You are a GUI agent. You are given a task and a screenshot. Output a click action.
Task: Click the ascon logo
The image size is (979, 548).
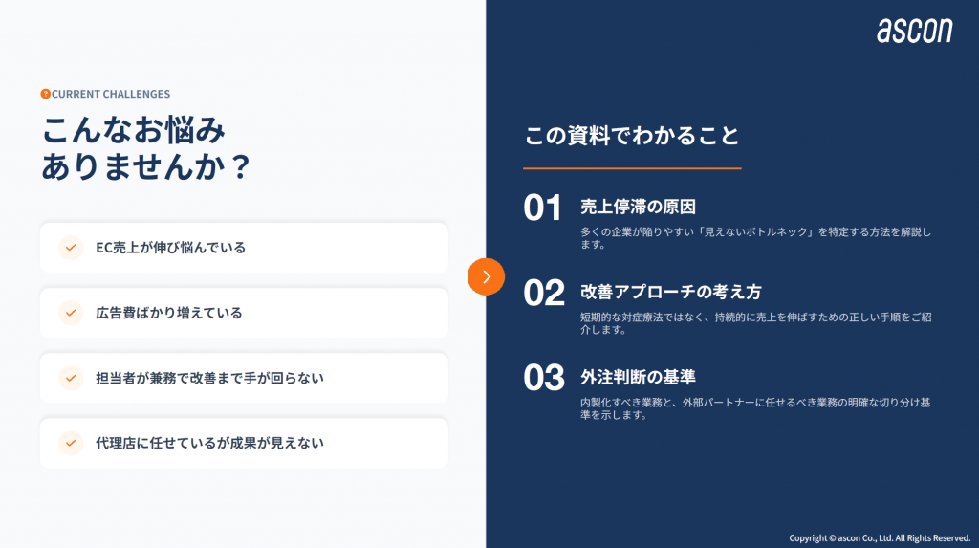point(915,31)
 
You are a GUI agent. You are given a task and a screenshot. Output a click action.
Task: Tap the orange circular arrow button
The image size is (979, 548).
point(486,276)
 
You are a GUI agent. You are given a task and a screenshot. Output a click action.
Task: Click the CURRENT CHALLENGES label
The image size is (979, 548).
point(111,94)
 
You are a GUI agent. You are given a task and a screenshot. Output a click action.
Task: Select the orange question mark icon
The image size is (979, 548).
point(45,94)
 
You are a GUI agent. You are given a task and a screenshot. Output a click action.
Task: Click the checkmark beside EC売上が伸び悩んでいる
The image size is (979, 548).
point(71,248)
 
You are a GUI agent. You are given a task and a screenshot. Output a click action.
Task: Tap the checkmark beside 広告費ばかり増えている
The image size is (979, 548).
point(71,313)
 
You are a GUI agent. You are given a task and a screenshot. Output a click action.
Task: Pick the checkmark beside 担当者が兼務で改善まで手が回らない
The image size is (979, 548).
point(71,378)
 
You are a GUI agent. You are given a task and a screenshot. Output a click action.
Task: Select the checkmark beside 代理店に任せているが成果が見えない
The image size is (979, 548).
point(71,443)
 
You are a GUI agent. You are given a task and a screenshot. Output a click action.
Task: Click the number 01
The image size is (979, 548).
point(543,208)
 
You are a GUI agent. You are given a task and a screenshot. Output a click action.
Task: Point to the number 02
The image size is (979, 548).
point(544,293)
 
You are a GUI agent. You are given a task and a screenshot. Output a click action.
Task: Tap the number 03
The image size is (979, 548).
point(544,378)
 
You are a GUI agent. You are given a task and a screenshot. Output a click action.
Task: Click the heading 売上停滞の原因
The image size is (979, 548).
point(638,207)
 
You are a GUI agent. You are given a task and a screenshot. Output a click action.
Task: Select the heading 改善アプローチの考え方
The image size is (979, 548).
point(671,292)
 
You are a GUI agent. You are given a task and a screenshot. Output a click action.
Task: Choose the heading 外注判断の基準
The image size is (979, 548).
point(638,377)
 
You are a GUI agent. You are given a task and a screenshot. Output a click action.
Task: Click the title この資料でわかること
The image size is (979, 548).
point(632,136)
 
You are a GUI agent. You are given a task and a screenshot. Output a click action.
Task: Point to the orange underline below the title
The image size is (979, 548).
point(632,168)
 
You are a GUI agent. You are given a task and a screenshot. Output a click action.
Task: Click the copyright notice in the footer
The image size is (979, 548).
point(880,538)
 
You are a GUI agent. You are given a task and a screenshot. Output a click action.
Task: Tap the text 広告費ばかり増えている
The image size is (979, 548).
point(168,313)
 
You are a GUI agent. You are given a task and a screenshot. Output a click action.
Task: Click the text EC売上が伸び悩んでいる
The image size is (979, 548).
point(170,248)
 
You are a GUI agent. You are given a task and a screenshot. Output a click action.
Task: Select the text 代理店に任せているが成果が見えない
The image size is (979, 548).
point(209,443)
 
